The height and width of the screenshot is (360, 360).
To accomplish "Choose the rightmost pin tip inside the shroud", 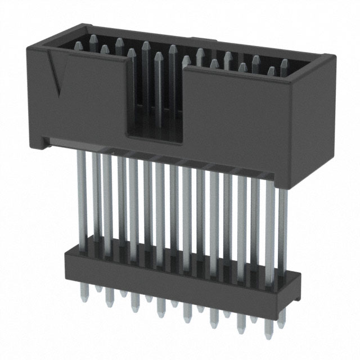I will click(284, 64).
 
